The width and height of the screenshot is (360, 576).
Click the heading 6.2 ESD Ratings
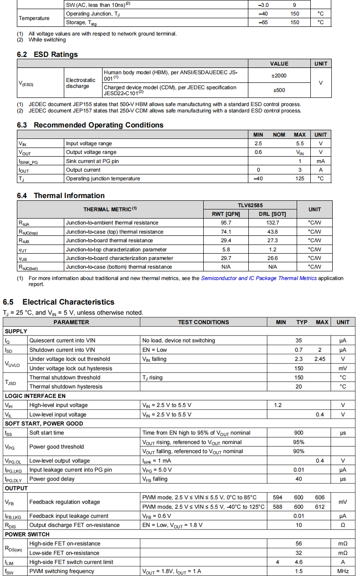pyautogui.click(x=47, y=54)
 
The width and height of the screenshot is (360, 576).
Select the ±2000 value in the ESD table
pyautogui.click(x=279, y=76)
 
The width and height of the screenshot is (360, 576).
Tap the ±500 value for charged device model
pyautogui.click(x=279, y=90)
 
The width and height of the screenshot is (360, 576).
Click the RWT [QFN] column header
pyautogui.click(x=226, y=214)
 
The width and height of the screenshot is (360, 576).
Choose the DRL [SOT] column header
pyautogui.click(x=273, y=214)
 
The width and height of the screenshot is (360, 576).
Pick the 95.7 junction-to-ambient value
pyautogui.click(x=226, y=223)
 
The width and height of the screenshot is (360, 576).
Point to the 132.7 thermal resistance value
pyautogui.click(x=273, y=223)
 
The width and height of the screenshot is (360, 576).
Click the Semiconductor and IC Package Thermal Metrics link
pyautogui.click(x=258, y=278)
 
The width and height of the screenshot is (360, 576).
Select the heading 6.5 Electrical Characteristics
pyautogui.click(x=58, y=302)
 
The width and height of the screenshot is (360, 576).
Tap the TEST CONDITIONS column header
pyautogui.click(x=203, y=322)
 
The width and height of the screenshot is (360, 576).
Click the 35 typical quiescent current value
pyautogui.click(x=298, y=340)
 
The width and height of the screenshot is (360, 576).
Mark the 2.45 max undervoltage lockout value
pyautogui.click(x=320, y=359)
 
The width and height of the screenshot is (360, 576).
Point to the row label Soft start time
pyautogui.click(x=46, y=433)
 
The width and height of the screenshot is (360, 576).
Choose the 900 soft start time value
pyautogui.click(x=298, y=433)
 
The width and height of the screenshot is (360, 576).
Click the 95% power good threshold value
pyautogui.click(x=298, y=442)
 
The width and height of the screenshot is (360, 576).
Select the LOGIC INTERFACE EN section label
pyautogui.click(x=35, y=396)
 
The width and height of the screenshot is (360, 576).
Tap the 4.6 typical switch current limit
pyautogui.click(x=298, y=562)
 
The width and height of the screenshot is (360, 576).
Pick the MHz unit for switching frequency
pyautogui.click(x=343, y=571)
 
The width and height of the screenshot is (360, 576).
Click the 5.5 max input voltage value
pyautogui.click(x=299, y=143)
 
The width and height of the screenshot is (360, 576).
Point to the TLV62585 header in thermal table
pyautogui.click(x=249, y=205)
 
